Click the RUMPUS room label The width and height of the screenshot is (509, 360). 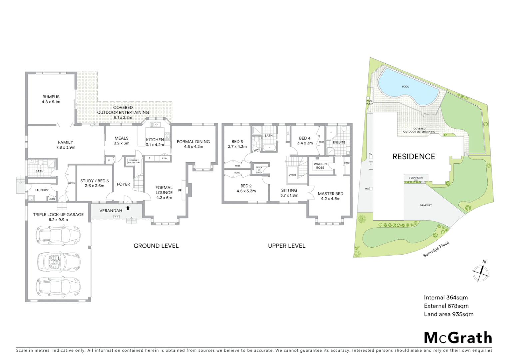[51, 99]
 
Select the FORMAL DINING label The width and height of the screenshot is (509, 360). [193, 144]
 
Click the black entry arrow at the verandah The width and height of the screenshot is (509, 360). [128, 208]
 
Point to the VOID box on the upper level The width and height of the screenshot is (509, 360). [292, 175]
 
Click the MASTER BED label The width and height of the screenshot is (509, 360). [330, 196]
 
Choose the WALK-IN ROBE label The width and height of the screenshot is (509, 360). [320, 166]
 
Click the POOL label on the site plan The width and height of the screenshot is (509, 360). [405, 87]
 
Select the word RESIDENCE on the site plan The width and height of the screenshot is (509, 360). [414, 157]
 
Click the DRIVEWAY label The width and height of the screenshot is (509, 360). [426, 205]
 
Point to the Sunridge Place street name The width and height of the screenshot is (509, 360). [436, 249]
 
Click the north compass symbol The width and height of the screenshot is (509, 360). [480, 272]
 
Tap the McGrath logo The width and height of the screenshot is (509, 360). [458, 338]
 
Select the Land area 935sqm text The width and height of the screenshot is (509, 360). [448, 314]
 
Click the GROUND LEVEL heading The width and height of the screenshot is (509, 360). [156, 246]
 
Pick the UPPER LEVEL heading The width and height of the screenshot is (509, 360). [286, 246]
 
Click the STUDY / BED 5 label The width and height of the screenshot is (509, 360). [95, 183]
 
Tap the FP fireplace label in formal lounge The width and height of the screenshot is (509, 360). [180, 191]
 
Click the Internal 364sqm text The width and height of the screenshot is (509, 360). [446, 298]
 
